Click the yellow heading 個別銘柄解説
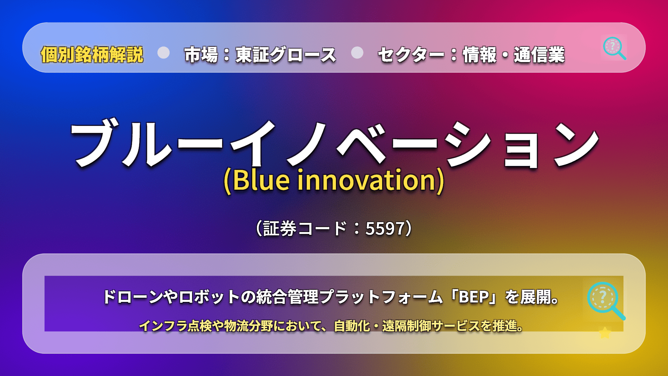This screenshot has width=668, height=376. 92,55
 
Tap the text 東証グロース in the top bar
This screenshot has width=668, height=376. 286,55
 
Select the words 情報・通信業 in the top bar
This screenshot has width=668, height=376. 514,55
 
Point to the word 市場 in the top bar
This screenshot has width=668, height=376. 201,55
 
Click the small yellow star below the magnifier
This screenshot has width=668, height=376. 605,333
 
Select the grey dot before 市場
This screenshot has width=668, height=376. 163,53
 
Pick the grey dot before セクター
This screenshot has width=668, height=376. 357,53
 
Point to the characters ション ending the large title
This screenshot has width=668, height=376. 522,145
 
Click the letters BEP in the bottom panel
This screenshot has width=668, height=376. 474,297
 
